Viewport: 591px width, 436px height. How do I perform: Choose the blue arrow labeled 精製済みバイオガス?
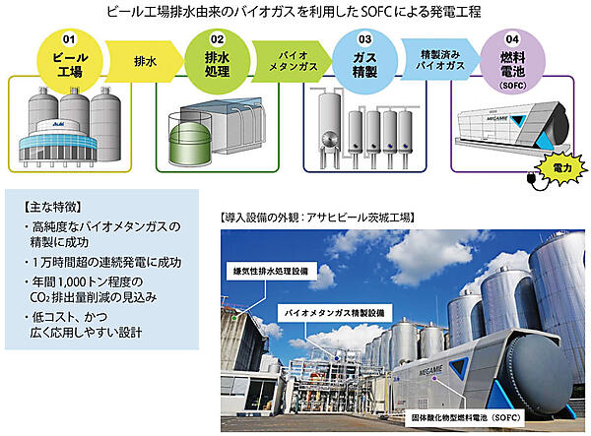click(x=434, y=60)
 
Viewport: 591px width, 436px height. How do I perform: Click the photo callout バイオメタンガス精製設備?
click(x=336, y=309)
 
